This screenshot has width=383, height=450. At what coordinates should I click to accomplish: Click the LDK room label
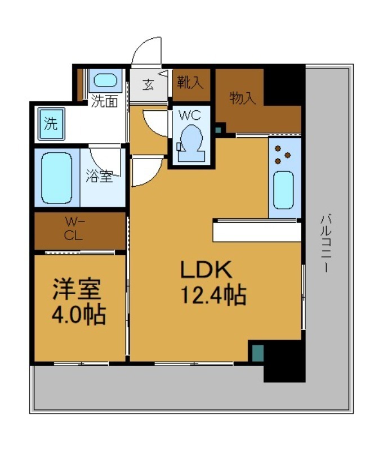(206, 271)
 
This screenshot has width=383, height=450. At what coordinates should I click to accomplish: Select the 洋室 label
(77, 290)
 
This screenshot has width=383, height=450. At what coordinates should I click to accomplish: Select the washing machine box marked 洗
(50, 123)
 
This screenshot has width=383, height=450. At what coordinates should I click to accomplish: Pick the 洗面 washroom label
(105, 102)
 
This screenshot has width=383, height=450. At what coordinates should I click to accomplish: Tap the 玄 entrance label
(148, 85)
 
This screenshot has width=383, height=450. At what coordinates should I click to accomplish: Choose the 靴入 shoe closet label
(190, 83)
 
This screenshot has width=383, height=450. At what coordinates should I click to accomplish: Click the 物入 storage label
(243, 98)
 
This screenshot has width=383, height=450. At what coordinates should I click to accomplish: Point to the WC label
(190, 115)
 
